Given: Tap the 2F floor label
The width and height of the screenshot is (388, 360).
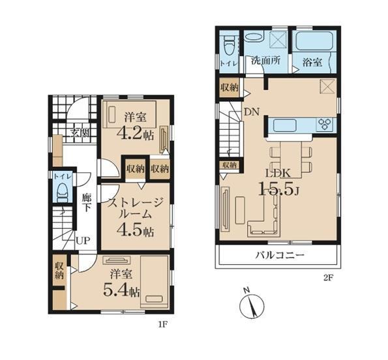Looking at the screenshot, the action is tap(328, 278).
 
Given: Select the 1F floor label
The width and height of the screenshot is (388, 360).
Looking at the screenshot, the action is tap(163, 324).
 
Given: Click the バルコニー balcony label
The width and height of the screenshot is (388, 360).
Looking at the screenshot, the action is tap(280, 255).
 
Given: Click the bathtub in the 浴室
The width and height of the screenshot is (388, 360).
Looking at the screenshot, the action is tap(312, 41).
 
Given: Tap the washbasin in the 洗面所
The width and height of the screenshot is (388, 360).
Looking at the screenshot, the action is tap(254, 37).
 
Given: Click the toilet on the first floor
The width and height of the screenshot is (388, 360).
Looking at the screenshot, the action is tap(63, 192).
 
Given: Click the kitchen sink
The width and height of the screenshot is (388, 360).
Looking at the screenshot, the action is tap(284, 125).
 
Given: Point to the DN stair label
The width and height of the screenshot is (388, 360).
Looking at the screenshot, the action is tap(252, 112).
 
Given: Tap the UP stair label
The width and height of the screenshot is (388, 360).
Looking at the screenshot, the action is tap(83, 240).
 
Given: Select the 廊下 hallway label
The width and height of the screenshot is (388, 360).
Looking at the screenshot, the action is tap(86, 203).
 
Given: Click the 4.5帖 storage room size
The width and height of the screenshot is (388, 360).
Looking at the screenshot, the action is tap(135, 231).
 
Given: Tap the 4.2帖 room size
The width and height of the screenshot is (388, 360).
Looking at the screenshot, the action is tap(135, 134).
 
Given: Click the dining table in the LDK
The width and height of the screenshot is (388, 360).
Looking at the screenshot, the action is tap(291, 160).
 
